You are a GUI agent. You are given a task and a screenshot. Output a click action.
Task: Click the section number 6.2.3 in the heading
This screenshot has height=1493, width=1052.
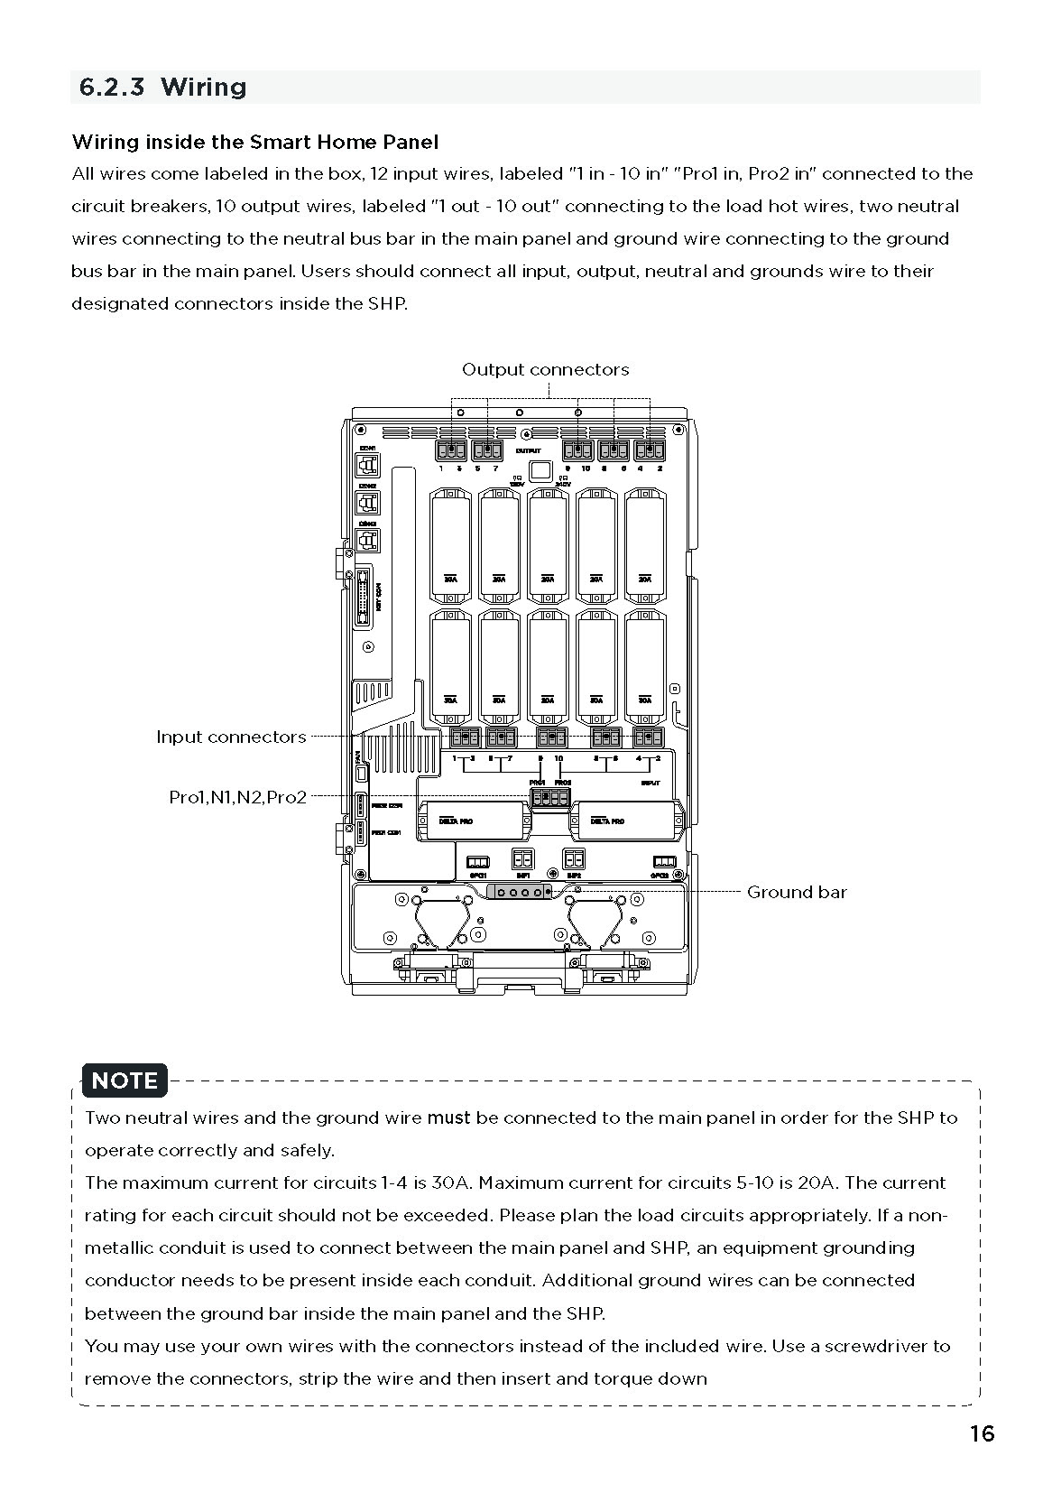[112, 88]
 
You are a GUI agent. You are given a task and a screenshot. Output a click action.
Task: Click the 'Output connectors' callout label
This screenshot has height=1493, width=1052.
[545, 369]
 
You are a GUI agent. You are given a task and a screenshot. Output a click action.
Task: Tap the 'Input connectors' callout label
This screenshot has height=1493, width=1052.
[231, 737]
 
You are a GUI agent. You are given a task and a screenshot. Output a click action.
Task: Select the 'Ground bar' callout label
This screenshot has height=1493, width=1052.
[797, 892]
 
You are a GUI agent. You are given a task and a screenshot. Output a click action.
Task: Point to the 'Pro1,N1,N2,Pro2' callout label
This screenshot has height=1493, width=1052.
[238, 797]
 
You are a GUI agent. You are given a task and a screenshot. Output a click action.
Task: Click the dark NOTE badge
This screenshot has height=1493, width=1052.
[125, 1080]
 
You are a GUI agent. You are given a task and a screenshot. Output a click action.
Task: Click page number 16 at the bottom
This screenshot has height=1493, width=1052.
[982, 1433]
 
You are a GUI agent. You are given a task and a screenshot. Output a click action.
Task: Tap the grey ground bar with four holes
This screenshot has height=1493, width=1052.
[519, 892]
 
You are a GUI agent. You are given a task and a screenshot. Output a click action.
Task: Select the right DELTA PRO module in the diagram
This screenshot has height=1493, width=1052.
[624, 821]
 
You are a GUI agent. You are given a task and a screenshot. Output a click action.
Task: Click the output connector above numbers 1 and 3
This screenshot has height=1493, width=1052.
[451, 450]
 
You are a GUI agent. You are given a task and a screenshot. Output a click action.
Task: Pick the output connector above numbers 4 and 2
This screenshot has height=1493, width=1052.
[650, 450]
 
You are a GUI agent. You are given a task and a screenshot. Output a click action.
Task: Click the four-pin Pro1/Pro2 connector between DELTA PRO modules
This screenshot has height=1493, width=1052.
[549, 797]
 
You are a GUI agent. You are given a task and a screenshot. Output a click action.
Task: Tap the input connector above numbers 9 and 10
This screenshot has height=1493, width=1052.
[551, 737]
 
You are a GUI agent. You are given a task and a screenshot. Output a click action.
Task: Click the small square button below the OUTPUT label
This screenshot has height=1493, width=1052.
[540, 470]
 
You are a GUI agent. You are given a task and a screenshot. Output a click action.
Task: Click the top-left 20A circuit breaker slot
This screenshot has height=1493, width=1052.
[450, 542]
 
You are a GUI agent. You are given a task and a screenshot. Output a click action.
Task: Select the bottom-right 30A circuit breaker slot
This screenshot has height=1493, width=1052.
[644, 663]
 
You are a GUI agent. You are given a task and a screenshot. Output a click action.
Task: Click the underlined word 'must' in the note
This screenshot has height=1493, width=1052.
[448, 1117]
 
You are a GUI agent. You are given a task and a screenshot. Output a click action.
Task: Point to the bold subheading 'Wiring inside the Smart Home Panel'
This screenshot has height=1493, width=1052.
[255, 142]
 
